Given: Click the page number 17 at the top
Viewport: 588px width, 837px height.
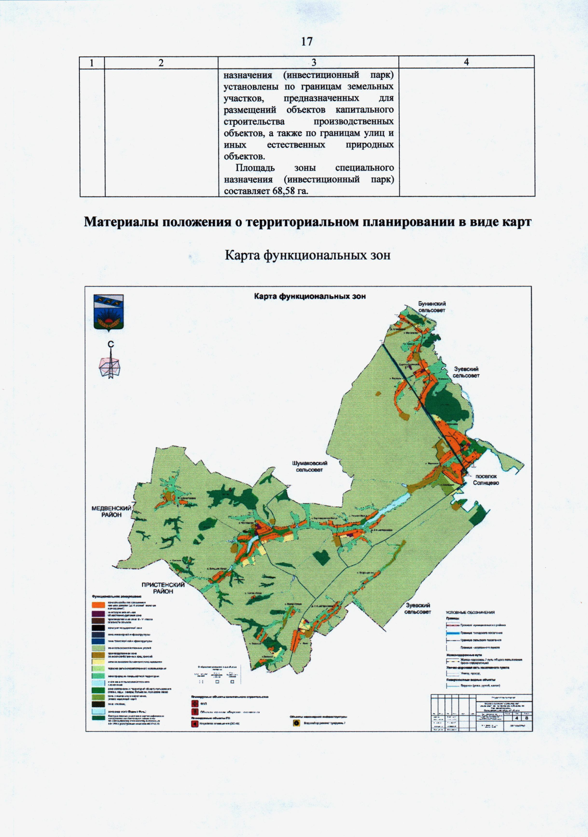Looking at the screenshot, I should tap(307, 42).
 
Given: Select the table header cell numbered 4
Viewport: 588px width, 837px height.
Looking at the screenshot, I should tap(466, 62).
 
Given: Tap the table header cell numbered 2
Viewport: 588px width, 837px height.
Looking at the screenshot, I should tap(161, 63).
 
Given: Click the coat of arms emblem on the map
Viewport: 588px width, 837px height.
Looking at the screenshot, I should tap(108, 312).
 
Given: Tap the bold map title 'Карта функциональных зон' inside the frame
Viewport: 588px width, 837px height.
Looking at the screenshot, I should tap(310, 296).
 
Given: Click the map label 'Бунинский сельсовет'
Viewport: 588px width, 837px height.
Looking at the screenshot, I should tap(431, 307).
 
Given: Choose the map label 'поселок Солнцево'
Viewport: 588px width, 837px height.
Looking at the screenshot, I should tap(486, 479).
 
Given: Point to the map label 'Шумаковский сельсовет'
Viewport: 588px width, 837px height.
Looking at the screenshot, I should tap(309, 466).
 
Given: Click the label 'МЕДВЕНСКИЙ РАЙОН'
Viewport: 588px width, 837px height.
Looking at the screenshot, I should tap(111, 511).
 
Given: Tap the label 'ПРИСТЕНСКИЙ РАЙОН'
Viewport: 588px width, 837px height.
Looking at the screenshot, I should tap(163, 588).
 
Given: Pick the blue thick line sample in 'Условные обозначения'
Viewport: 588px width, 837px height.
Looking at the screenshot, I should tap(453, 633).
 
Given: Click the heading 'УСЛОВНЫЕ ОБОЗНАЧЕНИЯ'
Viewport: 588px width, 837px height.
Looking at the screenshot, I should tap(470, 612).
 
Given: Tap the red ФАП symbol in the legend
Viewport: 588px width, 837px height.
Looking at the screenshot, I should tap(195, 704).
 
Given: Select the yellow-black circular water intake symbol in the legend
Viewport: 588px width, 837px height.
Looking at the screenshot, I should tap(296, 723).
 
